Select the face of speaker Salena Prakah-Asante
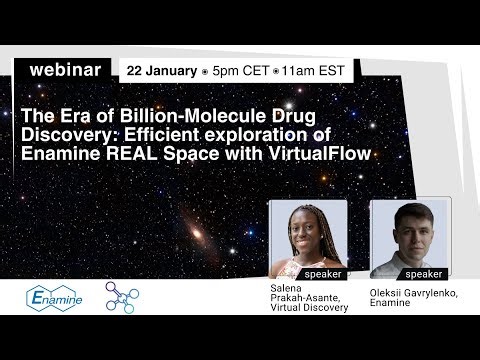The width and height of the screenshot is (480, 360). pos(307,227)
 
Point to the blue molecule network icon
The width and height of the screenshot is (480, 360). pos(122,296)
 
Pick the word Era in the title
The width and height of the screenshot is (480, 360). pos(70,113)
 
